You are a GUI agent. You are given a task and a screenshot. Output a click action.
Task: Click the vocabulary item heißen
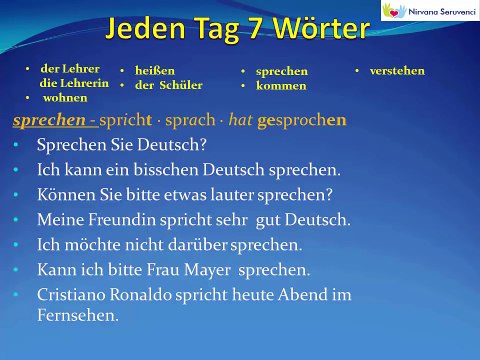pos(157,71)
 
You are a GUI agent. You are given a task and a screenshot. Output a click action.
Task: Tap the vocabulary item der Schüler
pos(169,85)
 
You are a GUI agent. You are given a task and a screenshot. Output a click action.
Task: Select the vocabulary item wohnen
pos(64,98)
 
